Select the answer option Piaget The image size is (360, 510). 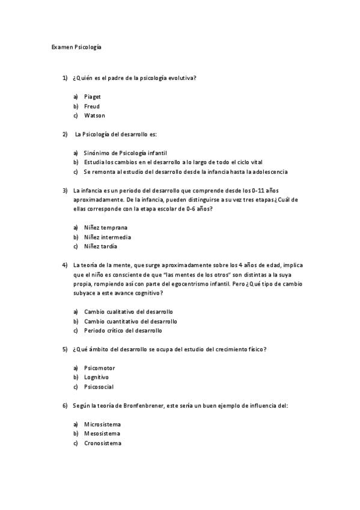[93, 96]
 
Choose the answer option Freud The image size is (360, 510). [92, 106]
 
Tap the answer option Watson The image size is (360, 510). [94, 115]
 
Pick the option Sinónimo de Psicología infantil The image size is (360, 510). [125, 153]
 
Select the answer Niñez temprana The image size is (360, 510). [106, 227]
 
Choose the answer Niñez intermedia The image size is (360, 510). [108, 237]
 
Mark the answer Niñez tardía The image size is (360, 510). [100, 247]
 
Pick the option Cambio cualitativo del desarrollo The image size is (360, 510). [129, 312]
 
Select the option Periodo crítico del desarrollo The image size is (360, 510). [123, 330]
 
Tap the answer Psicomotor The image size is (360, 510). [99, 367]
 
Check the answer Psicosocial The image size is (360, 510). [99, 387]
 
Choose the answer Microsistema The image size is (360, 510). [102, 425]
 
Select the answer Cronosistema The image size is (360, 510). [102, 443]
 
